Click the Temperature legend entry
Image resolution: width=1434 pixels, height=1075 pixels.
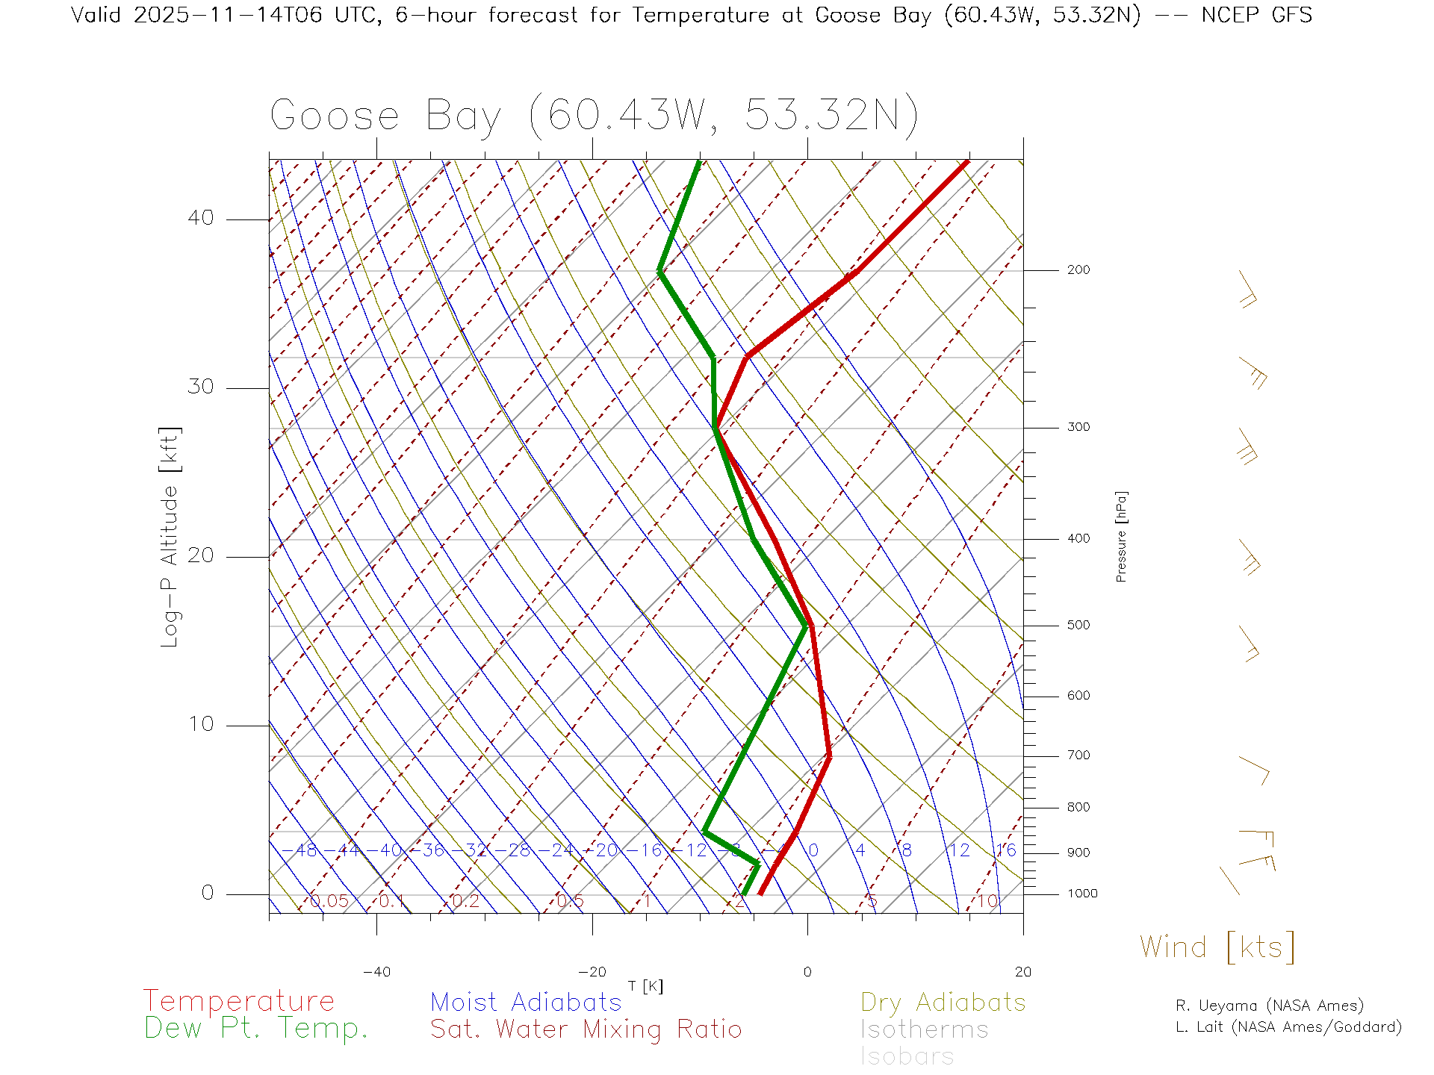pos(239,1000)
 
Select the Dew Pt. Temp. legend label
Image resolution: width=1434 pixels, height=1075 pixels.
pos(256,1029)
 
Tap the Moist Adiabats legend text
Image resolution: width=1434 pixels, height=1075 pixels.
pos(527,1002)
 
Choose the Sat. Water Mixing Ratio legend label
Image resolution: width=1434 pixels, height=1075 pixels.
pos(586,1029)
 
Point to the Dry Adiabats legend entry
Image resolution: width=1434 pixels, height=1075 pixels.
pos(943,1002)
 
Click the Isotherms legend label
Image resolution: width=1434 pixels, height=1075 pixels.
pos(925,1029)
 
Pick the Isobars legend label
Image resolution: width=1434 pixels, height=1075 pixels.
pos(907,1056)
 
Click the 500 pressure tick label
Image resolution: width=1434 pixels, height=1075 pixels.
pos(1078,625)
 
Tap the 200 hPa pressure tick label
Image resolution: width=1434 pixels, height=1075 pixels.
pos(1078,269)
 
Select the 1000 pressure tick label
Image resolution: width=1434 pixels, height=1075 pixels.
pos(1082,894)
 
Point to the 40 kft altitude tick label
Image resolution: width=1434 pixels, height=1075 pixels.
pos(201,218)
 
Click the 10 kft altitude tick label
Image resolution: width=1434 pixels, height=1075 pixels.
pos(201,724)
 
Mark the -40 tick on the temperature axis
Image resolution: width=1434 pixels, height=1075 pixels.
pos(376,972)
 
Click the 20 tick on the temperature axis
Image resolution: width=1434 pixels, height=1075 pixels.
pos(1022,972)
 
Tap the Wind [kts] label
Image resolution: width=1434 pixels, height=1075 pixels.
pos(1217,947)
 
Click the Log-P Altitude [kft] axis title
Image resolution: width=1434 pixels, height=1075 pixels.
pos(170,537)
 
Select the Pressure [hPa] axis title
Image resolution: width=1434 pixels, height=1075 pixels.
pos(1121,536)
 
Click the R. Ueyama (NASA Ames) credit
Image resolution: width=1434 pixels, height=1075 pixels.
pos(1270,1006)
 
